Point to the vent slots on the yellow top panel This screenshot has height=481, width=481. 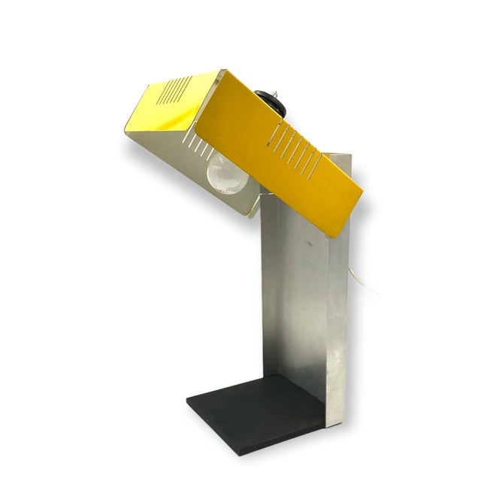pos(175,92)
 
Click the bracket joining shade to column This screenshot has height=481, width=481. pos(256,197)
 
